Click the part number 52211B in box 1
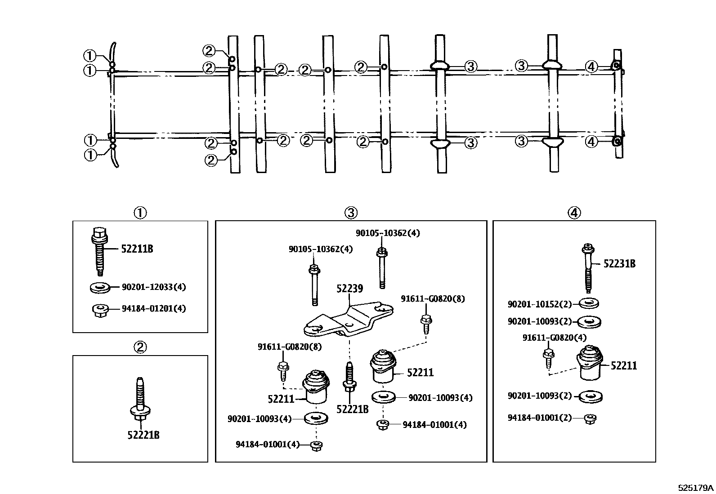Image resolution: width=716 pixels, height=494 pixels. [x=137, y=249]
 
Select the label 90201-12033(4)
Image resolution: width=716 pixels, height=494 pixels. [x=153, y=287]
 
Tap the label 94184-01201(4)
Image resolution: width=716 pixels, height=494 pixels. [x=153, y=308]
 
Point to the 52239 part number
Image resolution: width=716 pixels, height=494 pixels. [x=349, y=288]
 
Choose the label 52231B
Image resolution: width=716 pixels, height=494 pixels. [x=619, y=264]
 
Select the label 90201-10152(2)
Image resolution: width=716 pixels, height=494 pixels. [x=539, y=304]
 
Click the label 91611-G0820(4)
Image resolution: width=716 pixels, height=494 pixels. [x=554, y=338]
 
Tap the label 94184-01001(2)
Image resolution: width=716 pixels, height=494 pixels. [x=539, y=418]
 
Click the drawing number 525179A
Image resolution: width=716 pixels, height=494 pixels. [x=696, y=488]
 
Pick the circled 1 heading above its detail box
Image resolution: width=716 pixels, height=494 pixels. [x=140, y=213]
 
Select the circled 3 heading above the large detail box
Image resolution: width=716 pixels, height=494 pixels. [x=351, y=213]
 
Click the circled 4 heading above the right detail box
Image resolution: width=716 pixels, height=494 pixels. [x=574, y=213]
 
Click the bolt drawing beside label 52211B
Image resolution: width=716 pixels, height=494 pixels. [x=99, y=251]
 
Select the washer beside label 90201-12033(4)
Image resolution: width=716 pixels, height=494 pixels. [x=99, y=287]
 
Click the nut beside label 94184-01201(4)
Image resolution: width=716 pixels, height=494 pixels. [x=100, y=310]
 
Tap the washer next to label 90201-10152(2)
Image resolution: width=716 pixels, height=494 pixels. [x=588, y=303]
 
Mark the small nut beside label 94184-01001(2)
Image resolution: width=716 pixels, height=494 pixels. [x=590, y=418]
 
